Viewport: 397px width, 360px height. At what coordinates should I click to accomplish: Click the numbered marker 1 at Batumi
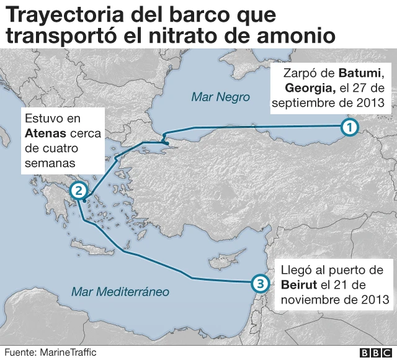(349, 128)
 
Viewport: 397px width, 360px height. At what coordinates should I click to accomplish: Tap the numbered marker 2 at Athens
(78, 191)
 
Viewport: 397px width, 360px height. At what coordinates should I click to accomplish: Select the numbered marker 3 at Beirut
(260, 284)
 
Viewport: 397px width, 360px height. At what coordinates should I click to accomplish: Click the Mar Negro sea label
(220, 97)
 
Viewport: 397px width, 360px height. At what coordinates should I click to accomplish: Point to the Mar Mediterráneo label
(120, 291)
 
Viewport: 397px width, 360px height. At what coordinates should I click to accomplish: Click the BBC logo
(374, 353)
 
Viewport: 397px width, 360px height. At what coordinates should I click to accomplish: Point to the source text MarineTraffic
(68, 352)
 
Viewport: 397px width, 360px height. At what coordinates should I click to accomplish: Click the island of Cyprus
(221, 259)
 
